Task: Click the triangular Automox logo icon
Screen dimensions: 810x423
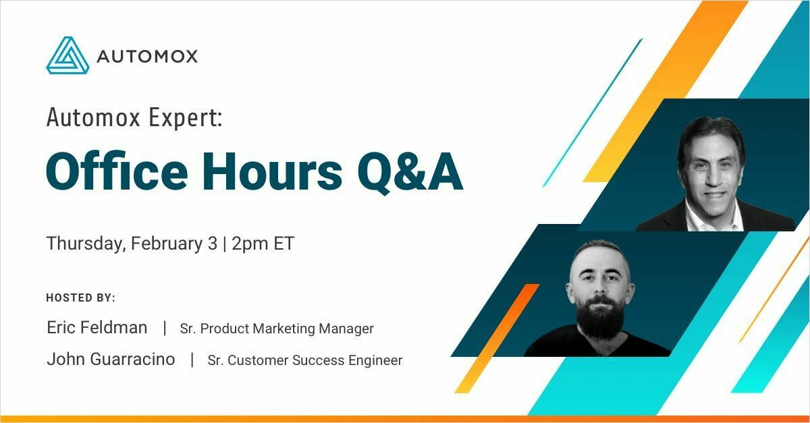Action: (67, 55)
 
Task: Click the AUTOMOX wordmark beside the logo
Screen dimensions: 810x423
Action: (147, 57)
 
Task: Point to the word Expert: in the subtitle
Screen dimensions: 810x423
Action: (186, 118)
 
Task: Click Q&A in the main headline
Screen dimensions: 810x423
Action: (410, 173)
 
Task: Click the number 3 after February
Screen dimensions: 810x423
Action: (213, 244)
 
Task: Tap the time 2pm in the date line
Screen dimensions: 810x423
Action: (250, 244)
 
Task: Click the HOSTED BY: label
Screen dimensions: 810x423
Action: (80, 298)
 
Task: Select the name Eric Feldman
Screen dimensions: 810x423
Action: (97, 328)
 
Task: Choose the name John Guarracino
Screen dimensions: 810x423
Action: (111, 360)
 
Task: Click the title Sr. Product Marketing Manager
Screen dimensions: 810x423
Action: (277, 329)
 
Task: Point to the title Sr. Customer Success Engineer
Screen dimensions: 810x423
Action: (305, 360)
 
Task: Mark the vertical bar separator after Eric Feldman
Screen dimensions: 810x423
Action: (165, 329)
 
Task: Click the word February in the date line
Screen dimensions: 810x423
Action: (167, 244)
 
